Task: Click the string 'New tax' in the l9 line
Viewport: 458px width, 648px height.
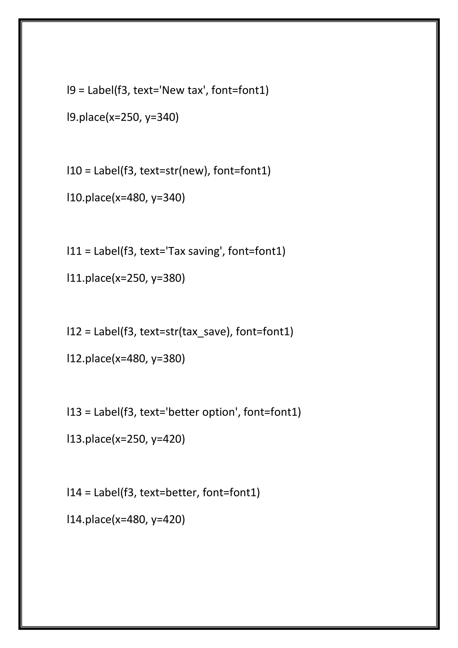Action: point(183,90)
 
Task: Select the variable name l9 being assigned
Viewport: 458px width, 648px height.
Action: point(71,90)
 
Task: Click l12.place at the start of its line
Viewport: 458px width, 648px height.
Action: point(89,359)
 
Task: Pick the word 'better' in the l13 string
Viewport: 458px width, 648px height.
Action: point(184,412)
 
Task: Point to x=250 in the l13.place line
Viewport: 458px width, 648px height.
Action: point(130,439)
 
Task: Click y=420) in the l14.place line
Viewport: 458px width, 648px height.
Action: point(168,520)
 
